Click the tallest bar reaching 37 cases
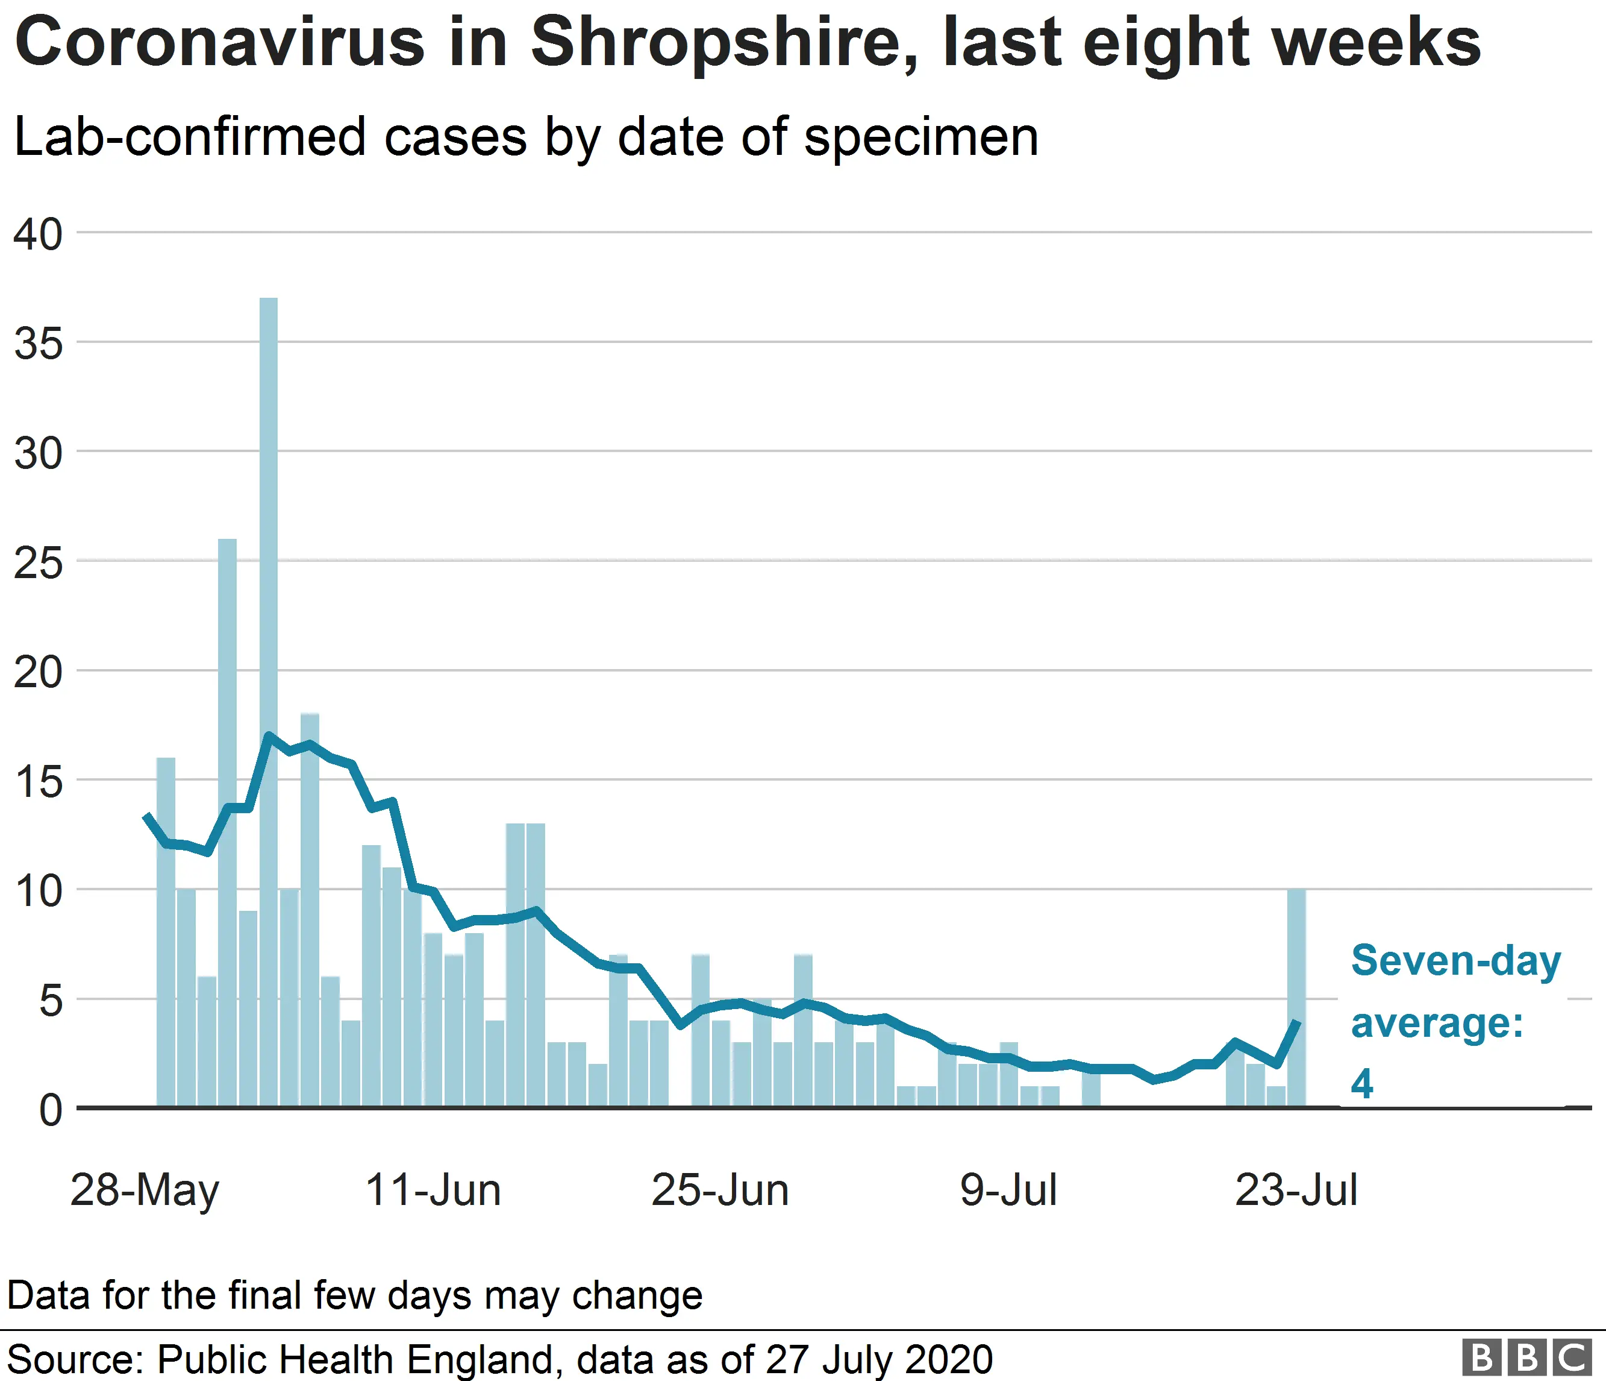pos(268,698)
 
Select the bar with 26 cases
pos(227,822)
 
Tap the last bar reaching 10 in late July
pos(1296,1000)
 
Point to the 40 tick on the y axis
pos(37,234)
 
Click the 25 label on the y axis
pos(37,563)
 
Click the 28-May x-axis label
pos(145,1191)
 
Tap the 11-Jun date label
pos(433,1191)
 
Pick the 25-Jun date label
pos(720,1191)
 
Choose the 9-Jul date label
pos(1008,1191)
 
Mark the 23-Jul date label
pos(1296,1191)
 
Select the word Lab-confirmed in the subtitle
pos(190,137)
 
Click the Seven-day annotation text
pos(1455,961)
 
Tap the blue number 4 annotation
pos(1362,1083)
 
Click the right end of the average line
pos(1296,1023)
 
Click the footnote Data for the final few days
pos(354,1295)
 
